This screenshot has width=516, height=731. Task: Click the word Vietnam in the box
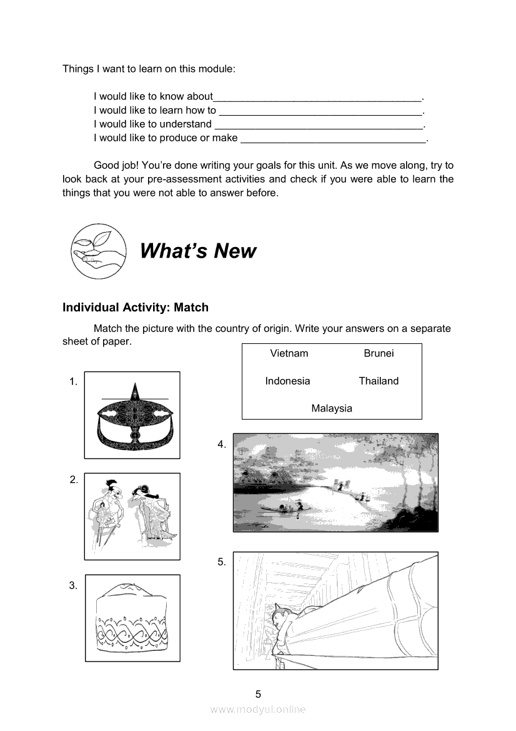[289, 353]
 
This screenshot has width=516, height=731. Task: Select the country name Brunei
[379, 353]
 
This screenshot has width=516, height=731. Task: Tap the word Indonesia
[287, 381]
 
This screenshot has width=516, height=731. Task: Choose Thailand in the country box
[379, 381]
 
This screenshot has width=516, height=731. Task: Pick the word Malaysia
[332, 408]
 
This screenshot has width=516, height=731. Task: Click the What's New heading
[198, 251]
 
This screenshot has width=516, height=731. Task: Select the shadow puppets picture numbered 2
[132, 516]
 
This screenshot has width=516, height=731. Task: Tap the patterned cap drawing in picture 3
[132, 618]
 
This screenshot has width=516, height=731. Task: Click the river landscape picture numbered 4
[335, 483]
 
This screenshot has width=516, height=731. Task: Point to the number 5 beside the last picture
[222, 562]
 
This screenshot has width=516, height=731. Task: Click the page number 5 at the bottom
[258, 694]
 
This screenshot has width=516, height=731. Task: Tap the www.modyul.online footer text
[258, 710]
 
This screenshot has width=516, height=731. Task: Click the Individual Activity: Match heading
[136, 308]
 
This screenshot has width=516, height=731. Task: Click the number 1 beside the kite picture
[74, 381]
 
